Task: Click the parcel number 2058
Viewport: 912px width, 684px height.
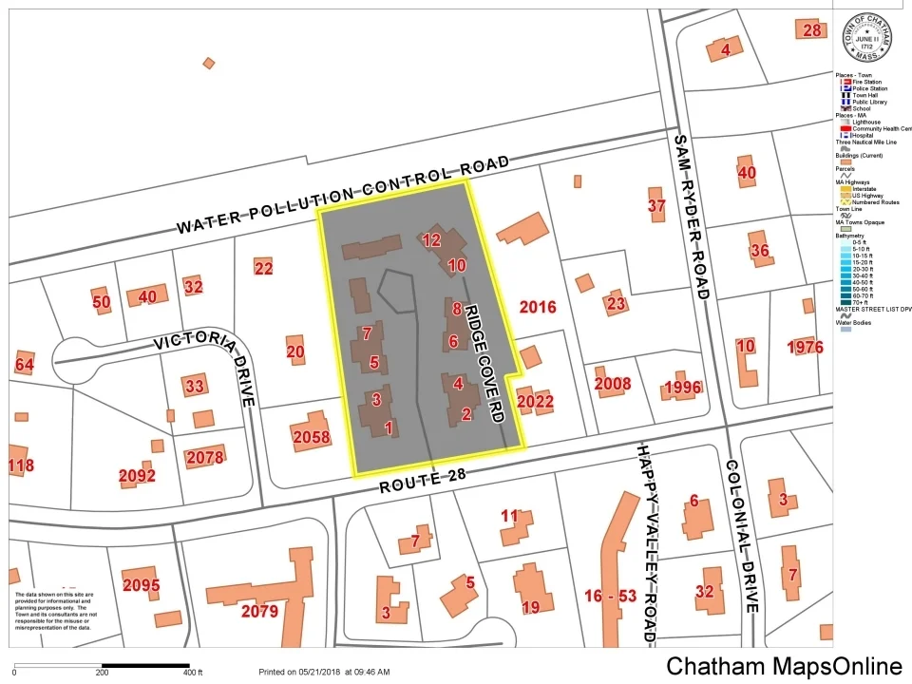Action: [x=312, y=437]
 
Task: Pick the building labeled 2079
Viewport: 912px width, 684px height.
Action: [x=259, y=611]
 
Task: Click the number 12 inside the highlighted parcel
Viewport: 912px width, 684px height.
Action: [x=431, y=240]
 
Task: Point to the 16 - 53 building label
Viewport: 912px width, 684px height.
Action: [x=611, y=596]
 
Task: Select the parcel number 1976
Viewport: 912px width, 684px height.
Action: [x=805, y=347]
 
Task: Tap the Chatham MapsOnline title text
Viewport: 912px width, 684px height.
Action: [x=784, y=666]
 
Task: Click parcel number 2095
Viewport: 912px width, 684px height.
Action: [x=141, y=585]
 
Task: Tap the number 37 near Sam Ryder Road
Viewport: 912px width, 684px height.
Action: [x=656, y=206]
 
